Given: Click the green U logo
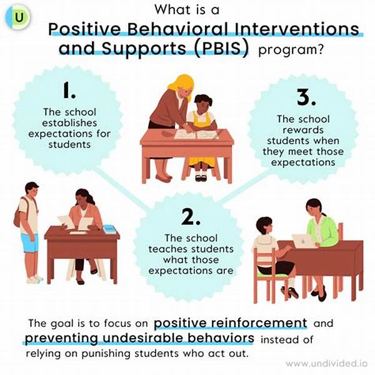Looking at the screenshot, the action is point(17,17).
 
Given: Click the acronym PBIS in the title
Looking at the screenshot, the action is point(221,49).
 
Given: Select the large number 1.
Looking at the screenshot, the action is point(69,90).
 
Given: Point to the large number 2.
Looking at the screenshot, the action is point(191,217).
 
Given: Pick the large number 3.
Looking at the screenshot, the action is point(306,97).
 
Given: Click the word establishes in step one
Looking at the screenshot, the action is point(69,123).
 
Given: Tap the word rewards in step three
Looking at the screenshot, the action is point(303,130).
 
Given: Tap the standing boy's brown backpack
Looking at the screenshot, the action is point(18,215).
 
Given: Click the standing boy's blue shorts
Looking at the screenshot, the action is point(29,242).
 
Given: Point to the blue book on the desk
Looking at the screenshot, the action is point(109,229).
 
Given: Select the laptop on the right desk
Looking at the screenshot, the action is point(303,241).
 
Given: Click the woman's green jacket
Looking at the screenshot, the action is point(323,231).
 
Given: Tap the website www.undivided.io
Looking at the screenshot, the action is point(326,364).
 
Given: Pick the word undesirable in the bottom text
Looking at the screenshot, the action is point(143,338).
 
